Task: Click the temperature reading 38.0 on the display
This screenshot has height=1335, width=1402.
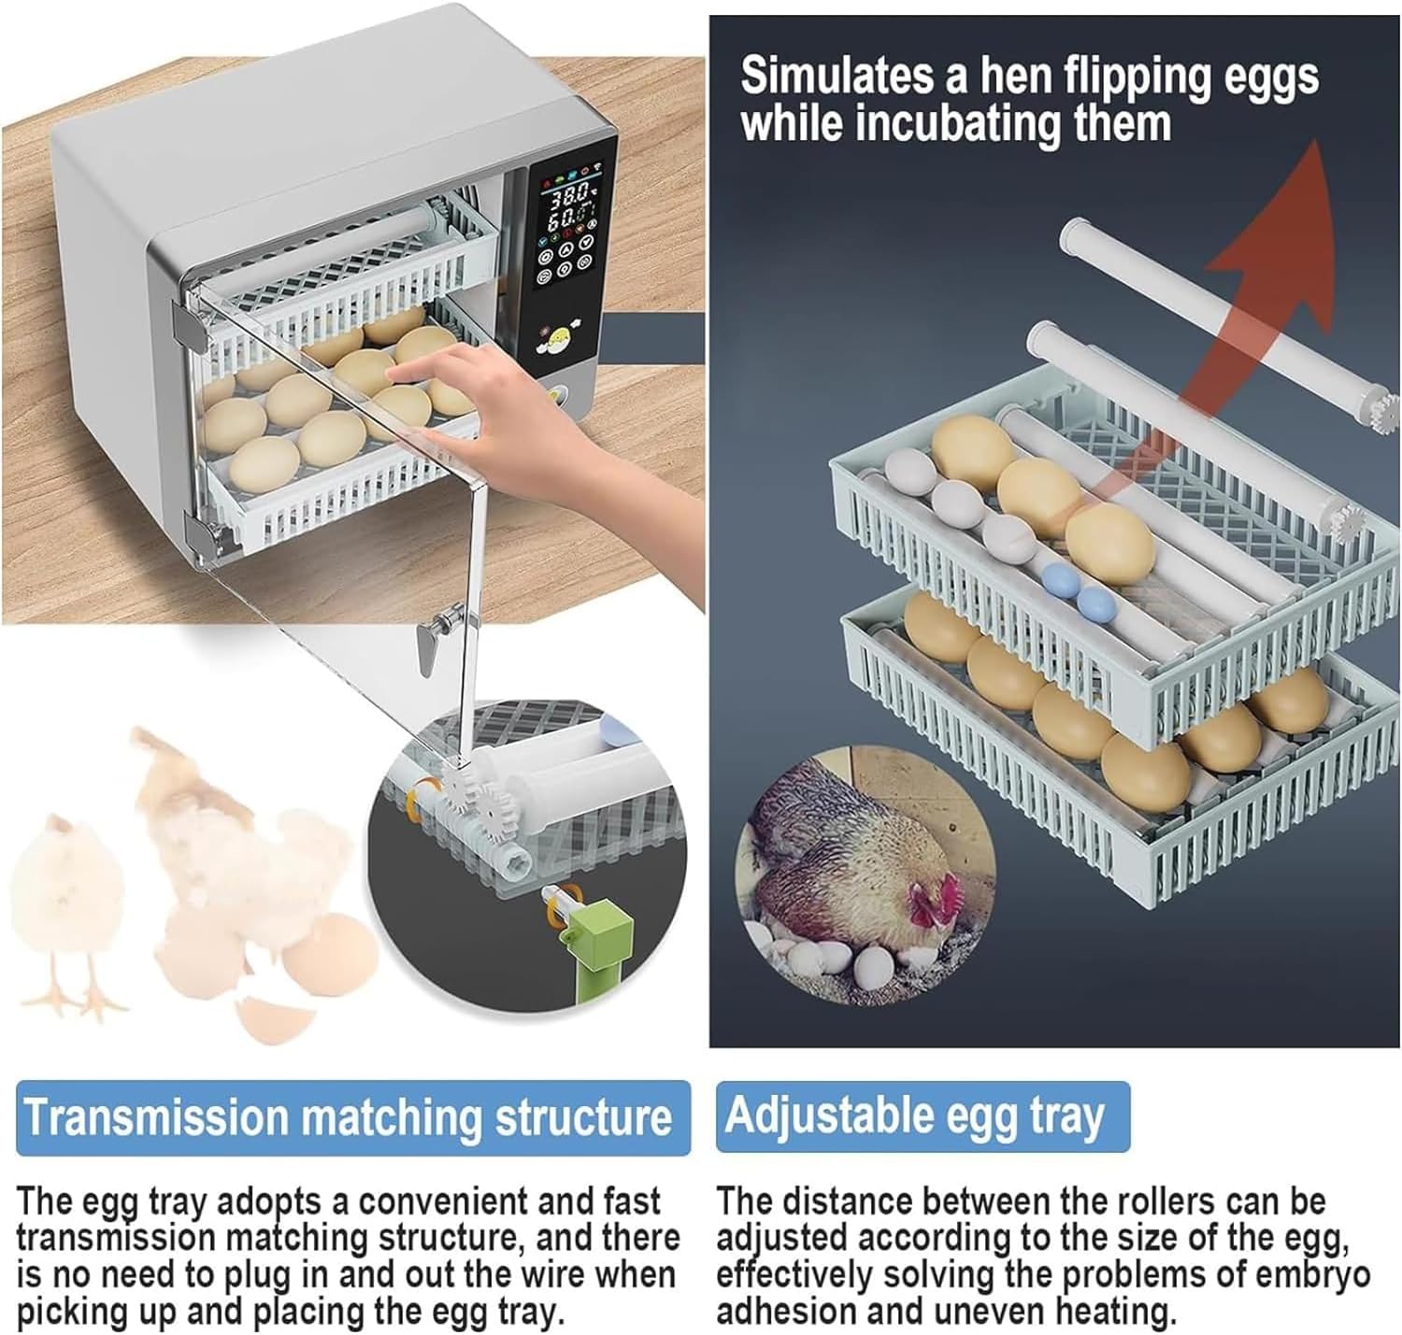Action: tap(567, 196)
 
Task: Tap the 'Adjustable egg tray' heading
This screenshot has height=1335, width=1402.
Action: tap(915, 1115)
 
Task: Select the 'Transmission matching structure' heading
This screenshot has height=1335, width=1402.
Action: tap(347, 1117)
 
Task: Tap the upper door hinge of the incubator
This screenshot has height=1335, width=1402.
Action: tap(188, 322)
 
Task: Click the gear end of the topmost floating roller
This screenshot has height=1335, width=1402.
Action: tap(1386, 412)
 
